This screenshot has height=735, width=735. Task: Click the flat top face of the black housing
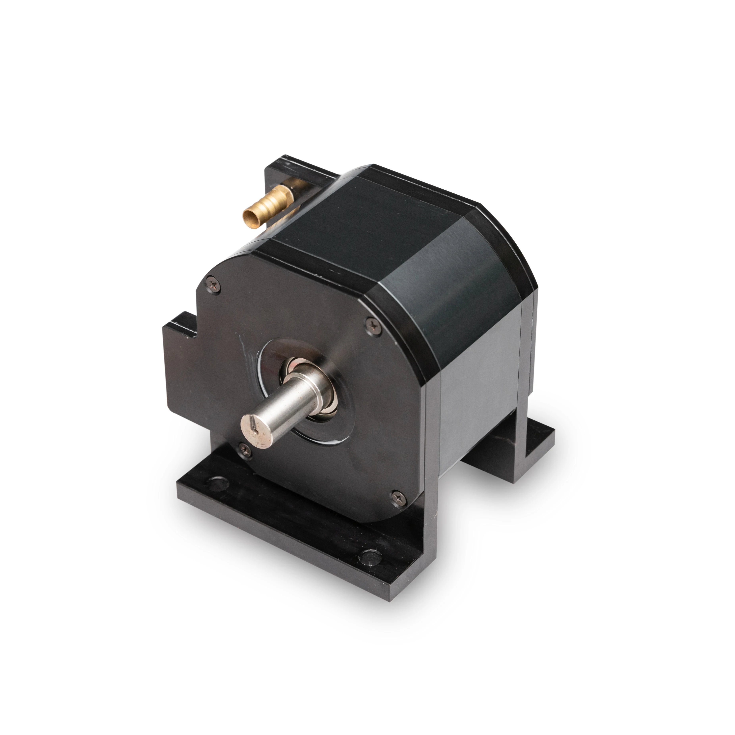373,217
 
